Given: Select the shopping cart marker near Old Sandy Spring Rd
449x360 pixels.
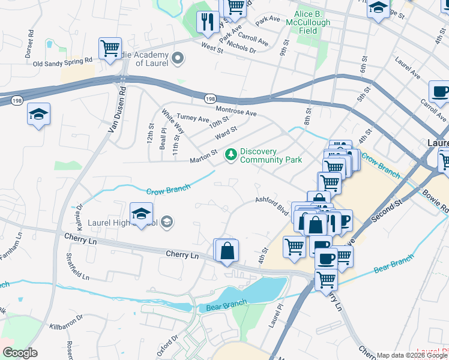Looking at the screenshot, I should click(x=110, y=49).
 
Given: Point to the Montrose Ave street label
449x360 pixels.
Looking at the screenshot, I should click(x=236, y=112).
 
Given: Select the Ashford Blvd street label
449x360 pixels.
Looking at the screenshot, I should click(x=272, y=206).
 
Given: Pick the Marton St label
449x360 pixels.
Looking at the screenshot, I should click(x=203, y=157).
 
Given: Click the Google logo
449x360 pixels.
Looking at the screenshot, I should click(x=20, y=353).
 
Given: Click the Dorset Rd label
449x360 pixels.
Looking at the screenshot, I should click(x=28, y=49).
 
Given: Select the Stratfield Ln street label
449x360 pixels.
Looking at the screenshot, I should click(x=77, y=268).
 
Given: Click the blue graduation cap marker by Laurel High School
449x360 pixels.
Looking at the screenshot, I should click(x=141, y=214).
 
